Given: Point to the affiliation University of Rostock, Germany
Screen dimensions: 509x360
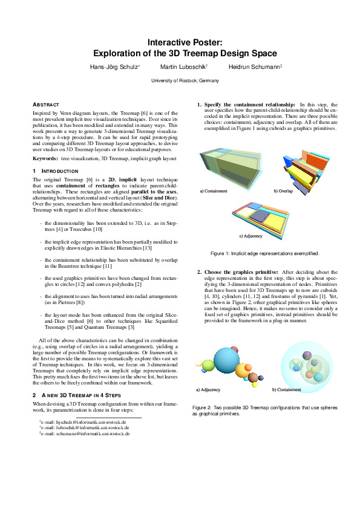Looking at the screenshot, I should tap(185, 80).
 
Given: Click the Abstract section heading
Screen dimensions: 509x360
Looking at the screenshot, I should tap(45, 104).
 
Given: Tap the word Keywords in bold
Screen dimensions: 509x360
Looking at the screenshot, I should tap(45, 158).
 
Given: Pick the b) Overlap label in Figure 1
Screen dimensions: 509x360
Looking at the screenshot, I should tap(283, 191).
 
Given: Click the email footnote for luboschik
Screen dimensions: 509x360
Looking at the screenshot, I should tap(83, 427).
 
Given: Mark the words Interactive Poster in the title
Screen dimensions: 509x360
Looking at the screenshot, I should tap(185, 42).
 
